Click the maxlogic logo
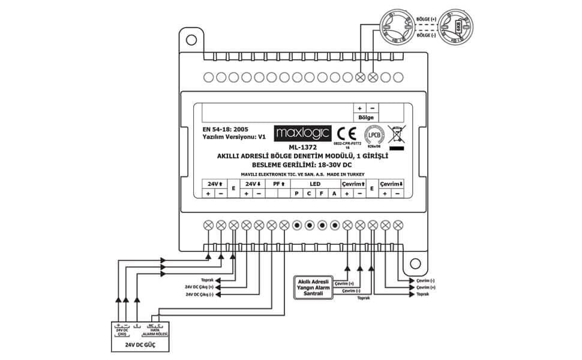pyautogui.click(x=302, y=133)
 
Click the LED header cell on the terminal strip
pyautogui.click(x=315, y=184)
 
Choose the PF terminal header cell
pyautogui.click(x=278, y=184)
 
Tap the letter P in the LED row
pyautogui.click(x=296, y=194)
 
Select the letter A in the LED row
pyautogui.click(x=334, y=194)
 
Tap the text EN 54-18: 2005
pyautogui.click(x=226, y=129)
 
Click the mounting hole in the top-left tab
pyautogui.click(x=191, y=40)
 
